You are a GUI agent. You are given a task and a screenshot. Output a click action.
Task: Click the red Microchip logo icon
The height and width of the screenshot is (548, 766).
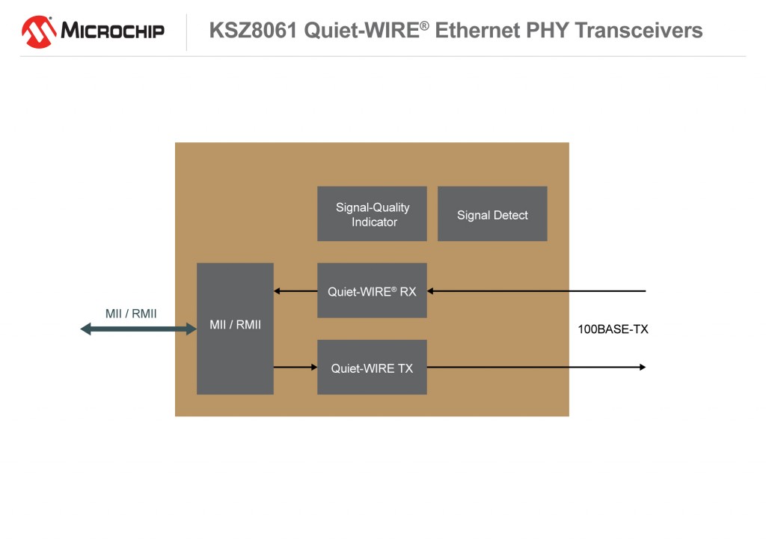pyautogui.click(x=40, y=31)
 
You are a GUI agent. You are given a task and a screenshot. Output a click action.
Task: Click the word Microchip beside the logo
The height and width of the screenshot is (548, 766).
pyautogui.click(x=112, y=31)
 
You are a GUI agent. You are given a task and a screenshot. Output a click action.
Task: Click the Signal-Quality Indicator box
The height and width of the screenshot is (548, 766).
pyautogui.click(x=372, y=214)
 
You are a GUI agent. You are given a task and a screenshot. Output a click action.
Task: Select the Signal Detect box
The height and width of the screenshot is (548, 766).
pyautogui.click(x=492, y=214)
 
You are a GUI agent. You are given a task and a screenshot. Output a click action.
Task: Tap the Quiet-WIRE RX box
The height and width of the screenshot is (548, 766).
pyautogui.click(x=372, y=290)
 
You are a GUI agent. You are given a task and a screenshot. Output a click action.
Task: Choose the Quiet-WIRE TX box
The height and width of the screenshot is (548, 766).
pyautogui.click(x=372, y=368)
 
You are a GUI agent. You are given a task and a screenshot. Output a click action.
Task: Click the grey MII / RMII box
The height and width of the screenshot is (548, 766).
pyautogui.click(x=235, y=329)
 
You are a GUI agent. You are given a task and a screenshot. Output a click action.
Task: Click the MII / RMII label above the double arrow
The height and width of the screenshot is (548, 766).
pyautogui.click(x=131, y=314)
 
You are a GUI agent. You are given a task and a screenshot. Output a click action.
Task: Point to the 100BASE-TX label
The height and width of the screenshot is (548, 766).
pyautogui.click(x=613, y=329)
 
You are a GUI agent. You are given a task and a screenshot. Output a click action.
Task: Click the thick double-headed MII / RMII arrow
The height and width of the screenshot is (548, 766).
pyautogui.click(x=138, y=329)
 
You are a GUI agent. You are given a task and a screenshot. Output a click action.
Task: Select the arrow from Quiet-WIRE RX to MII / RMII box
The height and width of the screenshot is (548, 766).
pyautogui.click(x=295, y=290)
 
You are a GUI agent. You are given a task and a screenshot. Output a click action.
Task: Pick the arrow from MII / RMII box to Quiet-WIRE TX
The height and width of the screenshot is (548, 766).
pyautogui.click(x=295, y=367)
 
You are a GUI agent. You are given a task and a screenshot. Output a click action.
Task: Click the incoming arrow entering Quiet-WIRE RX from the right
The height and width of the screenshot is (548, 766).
pyautogui.click(x=536, y=290)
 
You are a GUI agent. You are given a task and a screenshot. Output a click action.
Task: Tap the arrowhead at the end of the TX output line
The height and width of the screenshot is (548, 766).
pyautogui.click(x=642, y=367)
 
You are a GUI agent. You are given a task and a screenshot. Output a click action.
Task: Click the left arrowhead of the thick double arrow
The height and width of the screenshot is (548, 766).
pyautogui.click(x=86, y=329)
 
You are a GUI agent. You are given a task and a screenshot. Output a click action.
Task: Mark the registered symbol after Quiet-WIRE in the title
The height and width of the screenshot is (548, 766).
pyautogui.click(x=424, y=25)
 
